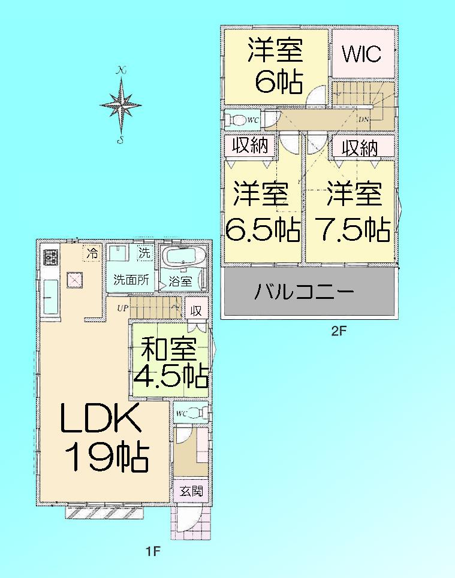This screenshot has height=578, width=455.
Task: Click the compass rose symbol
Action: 121,105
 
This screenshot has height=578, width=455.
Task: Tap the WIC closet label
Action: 361,54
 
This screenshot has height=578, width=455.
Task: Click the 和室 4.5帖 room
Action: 170,363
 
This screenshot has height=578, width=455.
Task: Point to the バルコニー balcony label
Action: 305,293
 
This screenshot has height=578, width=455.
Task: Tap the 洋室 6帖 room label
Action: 276,66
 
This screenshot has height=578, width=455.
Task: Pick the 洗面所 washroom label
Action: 131,279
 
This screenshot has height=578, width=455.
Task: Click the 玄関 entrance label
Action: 191,492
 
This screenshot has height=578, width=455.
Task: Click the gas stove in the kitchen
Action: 50,258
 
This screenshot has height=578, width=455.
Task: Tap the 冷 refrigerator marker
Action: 92,252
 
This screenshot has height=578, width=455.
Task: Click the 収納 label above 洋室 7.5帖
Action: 361,147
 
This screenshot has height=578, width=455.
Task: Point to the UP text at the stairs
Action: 122,309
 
